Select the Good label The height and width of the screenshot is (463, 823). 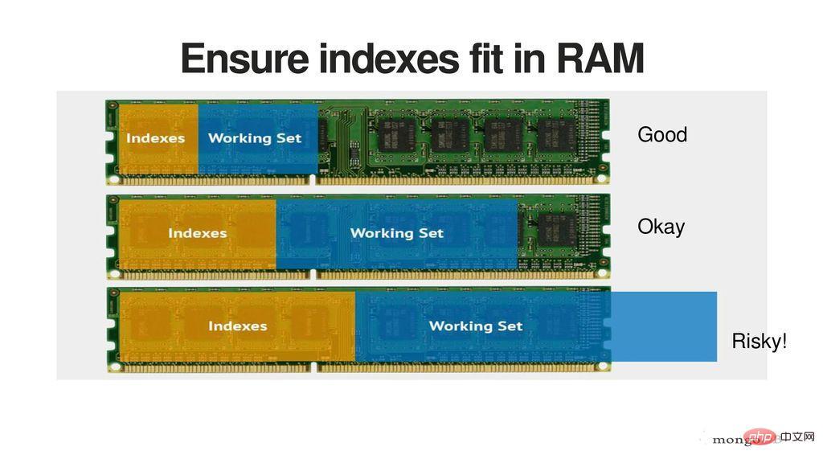[662, 134]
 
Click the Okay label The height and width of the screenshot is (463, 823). [661, 227]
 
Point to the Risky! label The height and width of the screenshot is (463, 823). [760, 342]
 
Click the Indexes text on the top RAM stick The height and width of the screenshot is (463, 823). [155, 138]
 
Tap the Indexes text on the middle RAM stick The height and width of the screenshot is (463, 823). [197, 233]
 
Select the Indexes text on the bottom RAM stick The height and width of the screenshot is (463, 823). [237, 326]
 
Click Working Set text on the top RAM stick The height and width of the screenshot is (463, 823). [255, 138]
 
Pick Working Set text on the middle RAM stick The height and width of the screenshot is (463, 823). [396, 233]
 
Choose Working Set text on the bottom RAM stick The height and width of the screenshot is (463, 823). [476, 326]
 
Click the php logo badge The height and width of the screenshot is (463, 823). [760, 436]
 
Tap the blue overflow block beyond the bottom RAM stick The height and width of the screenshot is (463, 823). [664, 326]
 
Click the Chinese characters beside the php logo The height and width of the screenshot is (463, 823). [798, 436]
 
